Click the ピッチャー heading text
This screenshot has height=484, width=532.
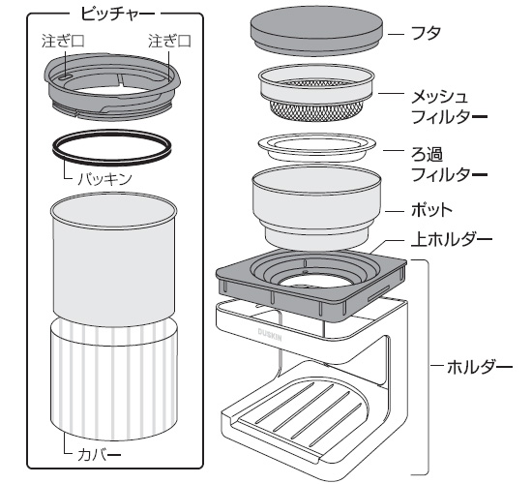(x=117, y=15)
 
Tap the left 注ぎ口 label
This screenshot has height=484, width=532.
(x=63, y=41)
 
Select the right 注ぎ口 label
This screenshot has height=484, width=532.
(x=169, y=41)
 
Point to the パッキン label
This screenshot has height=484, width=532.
(x=104, y=178)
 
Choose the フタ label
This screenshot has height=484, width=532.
(x=426, y=33)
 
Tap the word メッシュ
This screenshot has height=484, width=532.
(x=440, y=97)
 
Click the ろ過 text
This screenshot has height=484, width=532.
(x=427, y=155)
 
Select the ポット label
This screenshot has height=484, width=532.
(x=431, y=210)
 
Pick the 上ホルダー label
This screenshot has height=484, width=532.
(x=452, y=239)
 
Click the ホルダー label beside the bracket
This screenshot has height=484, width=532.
(x=480, y=367)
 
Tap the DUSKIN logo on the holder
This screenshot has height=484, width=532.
(x=270, y=335)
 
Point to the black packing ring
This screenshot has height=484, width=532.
(x=111, y=147)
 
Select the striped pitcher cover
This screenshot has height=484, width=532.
(x=114, y=378)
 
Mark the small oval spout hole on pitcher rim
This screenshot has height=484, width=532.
(x=65, y=77)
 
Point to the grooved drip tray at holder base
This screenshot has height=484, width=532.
(x=300, y=412)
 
